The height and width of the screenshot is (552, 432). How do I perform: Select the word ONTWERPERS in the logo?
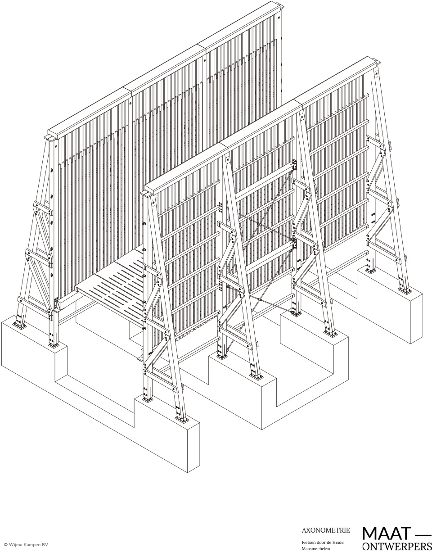[397, 545]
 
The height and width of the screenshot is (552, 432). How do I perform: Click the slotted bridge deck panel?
[112, 287]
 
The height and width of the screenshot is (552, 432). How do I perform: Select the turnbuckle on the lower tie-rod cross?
[259, 300]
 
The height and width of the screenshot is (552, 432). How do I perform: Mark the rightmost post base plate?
[405, 291]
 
